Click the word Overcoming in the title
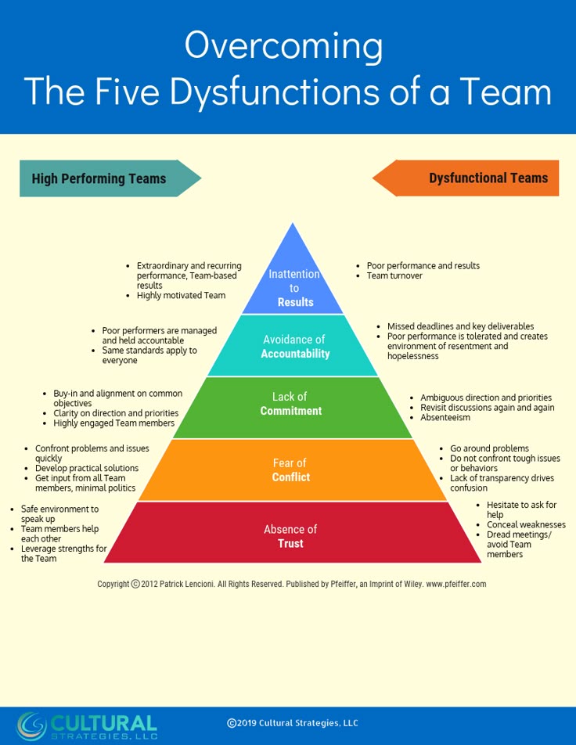[284, 46]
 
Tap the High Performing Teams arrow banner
[110, 178]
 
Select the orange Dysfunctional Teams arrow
[466, 178]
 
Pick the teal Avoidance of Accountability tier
[293, 345]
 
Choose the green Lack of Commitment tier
[293, 407]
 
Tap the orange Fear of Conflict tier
[293, 470]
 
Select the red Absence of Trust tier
[293, 533]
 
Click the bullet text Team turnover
[394, 275]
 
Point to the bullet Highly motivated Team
[181, 296]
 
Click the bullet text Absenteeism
[445, 418]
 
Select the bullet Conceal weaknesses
[526, 524]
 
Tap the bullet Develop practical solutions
[87, 469]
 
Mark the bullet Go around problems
[489, 448]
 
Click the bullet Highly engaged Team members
[114, 423]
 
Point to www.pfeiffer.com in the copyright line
[456, 585]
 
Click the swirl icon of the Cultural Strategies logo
[32, 725]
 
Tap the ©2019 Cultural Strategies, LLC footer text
[292, 723]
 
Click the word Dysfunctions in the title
[275, 91]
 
